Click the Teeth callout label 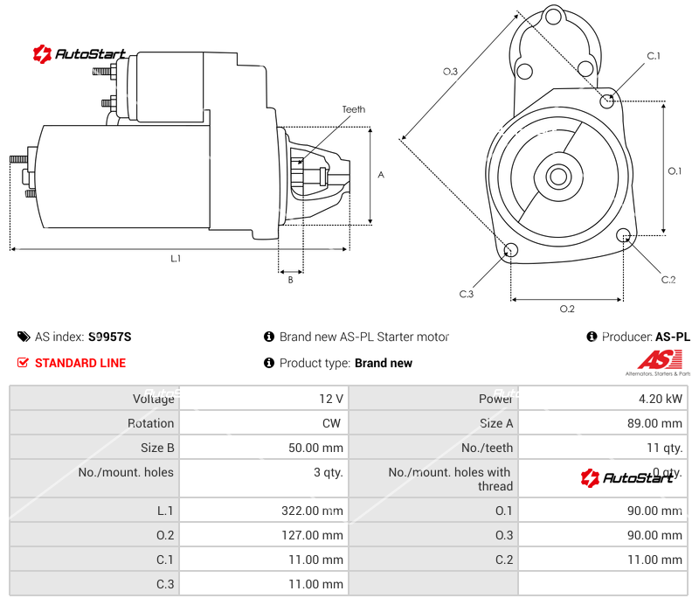[x=353, y=109]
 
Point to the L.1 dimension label [x=176, y=259]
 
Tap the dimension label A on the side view [x=380, y=175]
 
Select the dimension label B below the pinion [x=290, y=280]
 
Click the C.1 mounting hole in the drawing [x=607, y=101]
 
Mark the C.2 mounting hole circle [x=624, y=235]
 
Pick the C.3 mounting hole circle [x=511, y=252]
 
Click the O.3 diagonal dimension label [x=450, y=72]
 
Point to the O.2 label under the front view [x=567, y=309]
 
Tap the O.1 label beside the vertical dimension [x=675, y=171]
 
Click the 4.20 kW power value [x=661, y=399]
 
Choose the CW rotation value [x=334, y=423]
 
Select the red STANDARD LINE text [x=80, y=363]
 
